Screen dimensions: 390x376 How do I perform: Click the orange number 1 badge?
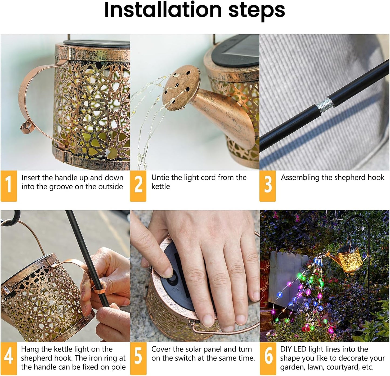pos(9,186)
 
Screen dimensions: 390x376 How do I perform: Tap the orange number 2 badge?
pos(138,186)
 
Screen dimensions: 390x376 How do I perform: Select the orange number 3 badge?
pos(267,186)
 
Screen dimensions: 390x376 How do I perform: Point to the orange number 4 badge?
pos(9,358)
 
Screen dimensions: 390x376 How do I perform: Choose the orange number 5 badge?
pos(138,358)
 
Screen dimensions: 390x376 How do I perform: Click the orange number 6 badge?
pos(268,358)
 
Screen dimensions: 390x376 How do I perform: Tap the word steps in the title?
pos(256,11)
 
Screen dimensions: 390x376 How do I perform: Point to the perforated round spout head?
pos(181,88)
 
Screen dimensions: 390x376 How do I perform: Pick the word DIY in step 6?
pos(286,349)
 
